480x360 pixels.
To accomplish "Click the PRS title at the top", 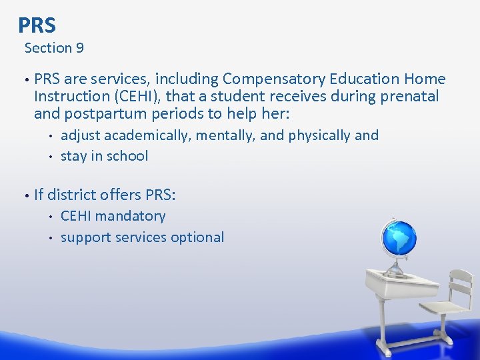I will click(x=37, y=25).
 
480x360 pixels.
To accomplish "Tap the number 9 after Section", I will click(x=79, y=48).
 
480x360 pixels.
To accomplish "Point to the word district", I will click(x=75, y=195).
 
